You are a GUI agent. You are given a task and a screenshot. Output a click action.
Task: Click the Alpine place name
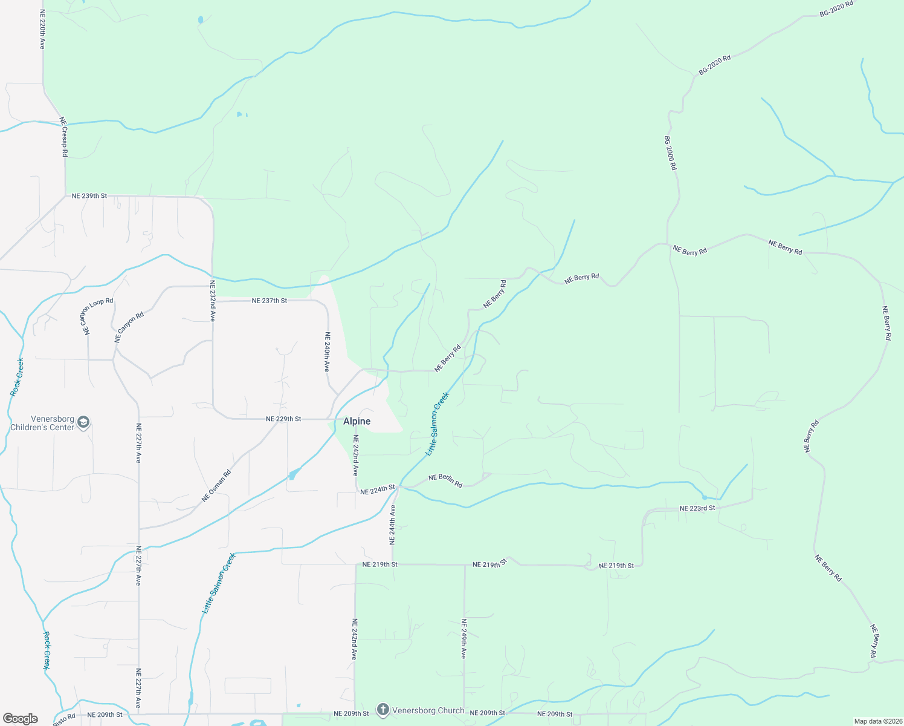[357, 421]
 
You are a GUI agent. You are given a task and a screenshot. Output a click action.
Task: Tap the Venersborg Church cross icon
[383, 710]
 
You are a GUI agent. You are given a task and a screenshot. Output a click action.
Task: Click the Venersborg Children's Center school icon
[84, 422]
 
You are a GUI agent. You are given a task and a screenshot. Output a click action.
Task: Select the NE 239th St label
[89, 196]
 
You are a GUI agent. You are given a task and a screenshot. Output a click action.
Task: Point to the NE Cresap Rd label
[63, 137]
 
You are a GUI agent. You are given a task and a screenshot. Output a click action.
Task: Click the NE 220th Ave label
[42, 29]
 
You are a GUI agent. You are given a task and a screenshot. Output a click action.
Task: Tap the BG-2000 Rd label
[670, 152]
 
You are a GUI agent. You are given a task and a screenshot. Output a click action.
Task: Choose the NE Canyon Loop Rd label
[97, 316]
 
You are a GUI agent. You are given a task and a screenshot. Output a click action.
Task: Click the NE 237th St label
[270, 301]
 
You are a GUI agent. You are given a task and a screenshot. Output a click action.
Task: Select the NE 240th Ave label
[327, 352]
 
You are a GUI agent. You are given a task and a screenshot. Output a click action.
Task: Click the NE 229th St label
[283, 419]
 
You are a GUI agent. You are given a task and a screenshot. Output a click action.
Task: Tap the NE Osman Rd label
[216, 486]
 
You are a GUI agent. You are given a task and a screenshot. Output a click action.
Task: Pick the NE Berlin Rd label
[445, 481]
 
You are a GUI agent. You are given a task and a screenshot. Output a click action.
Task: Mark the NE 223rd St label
[697, 508]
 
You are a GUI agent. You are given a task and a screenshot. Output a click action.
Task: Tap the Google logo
[21, 719]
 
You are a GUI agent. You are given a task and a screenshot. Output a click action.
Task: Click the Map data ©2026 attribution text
[877, 721]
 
